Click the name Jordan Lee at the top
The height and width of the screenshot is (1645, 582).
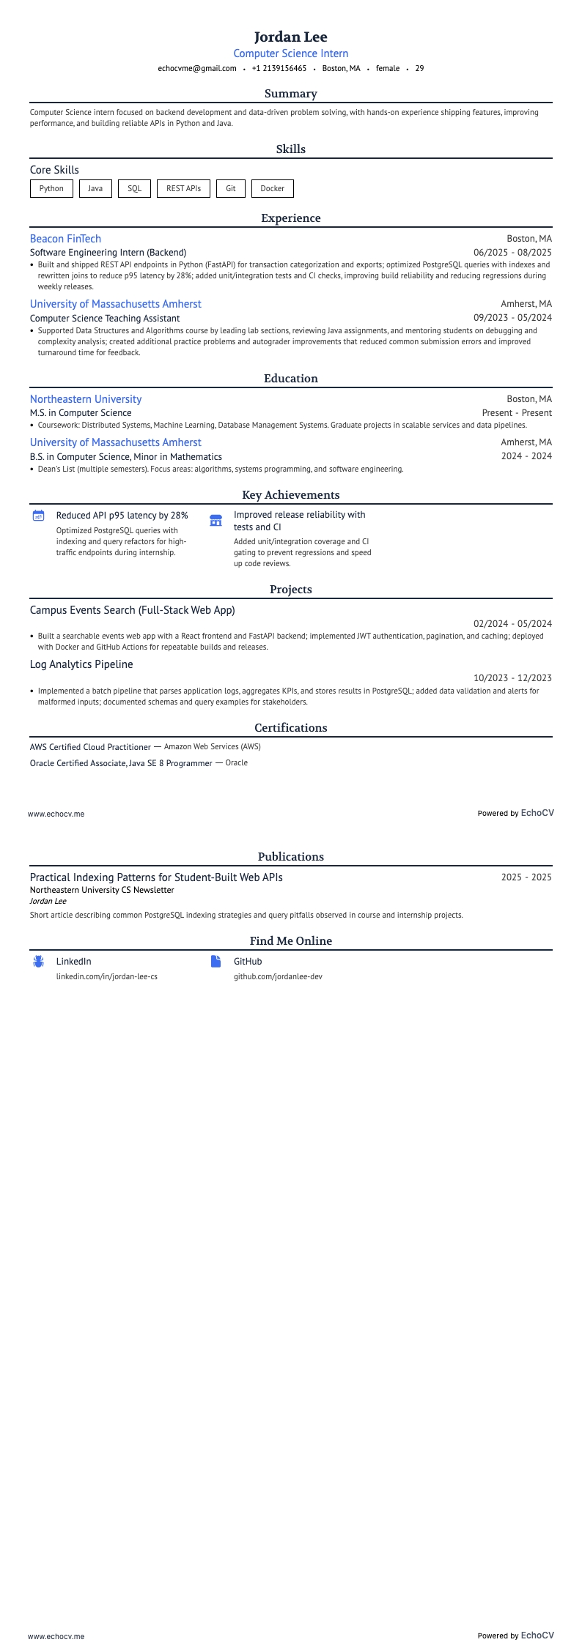point(291,37)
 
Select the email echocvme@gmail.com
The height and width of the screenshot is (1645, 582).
point(197,68)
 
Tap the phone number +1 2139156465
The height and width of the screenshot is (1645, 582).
point(279,68)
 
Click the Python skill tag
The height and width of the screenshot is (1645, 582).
point(51,188)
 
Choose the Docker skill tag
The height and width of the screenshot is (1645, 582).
point(272,188)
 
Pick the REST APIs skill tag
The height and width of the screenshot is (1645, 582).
point(183,188)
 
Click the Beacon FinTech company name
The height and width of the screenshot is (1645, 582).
point(65,239)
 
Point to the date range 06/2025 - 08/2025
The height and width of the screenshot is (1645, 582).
point(512,253)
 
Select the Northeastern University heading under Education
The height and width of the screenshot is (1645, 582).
point(86,399)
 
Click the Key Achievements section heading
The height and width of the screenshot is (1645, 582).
point(291,495)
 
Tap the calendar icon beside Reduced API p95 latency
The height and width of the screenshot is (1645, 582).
point(39,516)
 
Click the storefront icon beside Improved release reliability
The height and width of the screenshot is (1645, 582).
point(216,520)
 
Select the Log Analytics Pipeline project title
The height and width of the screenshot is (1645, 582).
point(81,664)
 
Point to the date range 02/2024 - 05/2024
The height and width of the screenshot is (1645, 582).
point(512,624)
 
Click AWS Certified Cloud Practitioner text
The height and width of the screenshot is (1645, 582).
point(90,747)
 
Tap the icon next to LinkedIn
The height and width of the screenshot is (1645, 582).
point(39,962)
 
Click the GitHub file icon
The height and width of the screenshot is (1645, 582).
point(216,962)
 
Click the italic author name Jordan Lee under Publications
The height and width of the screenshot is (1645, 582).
point(48,901)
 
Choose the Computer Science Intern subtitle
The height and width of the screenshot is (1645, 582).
point(291,53)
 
